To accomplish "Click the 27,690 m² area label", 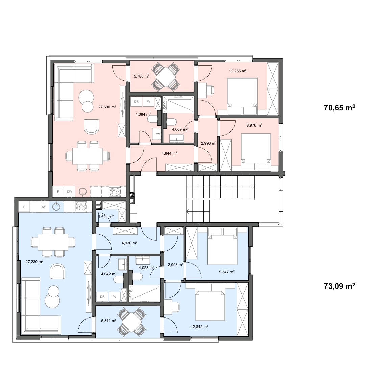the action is tap(107, 107).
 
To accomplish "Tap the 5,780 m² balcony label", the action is tap(141, 76).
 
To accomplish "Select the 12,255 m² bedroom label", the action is tap(238, 71).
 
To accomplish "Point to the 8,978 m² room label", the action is tap(254, 125).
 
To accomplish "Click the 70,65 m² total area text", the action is tap(339, 107).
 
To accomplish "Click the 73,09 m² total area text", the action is tap(339, 286).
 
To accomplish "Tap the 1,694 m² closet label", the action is tap(106, 217).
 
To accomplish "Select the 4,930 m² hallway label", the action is tap(129, 243).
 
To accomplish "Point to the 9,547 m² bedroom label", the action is tap(227, 272).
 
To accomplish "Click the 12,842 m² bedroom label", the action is tap(199, 326).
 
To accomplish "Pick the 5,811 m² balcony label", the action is tap(109, 320).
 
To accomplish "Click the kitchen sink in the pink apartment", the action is tap(83, 192).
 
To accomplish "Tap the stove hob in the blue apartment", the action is tap(81, 206).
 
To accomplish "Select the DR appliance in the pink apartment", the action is tap(136, 102).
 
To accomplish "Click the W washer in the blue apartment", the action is tap(115, 297).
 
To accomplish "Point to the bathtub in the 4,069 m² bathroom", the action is tap(178, 105).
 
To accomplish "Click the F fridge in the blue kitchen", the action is tap(24, 207).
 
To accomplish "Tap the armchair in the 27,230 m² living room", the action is tap(57, 271).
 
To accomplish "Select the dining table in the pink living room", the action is tap(87, 156).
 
